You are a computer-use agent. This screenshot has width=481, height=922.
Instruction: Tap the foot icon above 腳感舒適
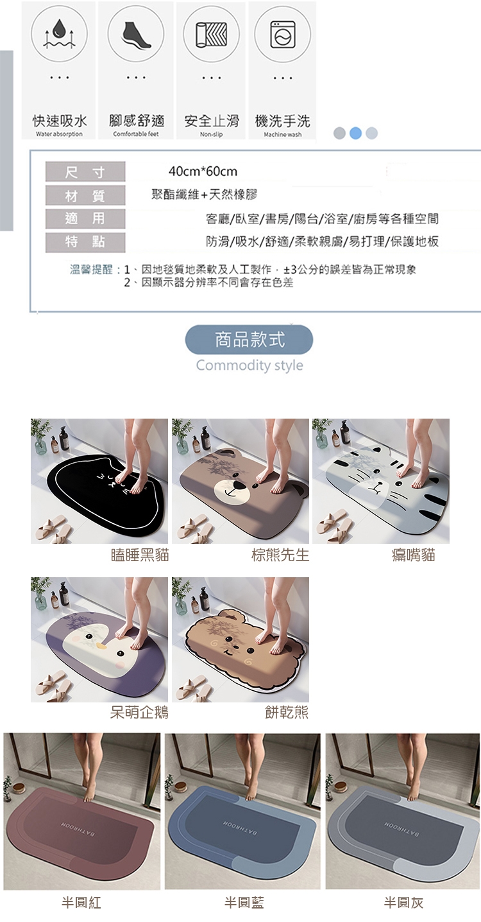[x=137, y=34]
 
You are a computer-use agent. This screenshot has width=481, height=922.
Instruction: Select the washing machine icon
[x=282, y=35]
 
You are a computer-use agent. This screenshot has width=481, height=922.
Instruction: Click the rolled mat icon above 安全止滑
[x=211, y=35]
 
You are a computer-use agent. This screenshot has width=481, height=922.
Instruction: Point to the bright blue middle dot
[x=355, y=133]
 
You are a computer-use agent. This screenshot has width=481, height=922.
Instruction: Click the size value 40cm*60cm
[x=203, y=171]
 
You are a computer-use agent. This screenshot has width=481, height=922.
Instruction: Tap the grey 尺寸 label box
[x=85, y=171]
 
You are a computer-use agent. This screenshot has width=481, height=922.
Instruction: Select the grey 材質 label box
[x=85, y=195]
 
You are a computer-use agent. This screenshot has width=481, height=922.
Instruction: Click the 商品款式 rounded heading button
[x=249, y=340]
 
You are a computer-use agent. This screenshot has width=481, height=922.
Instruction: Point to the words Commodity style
[x=249, y=365]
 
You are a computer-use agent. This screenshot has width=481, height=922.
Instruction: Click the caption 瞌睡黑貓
[x=140, y=555]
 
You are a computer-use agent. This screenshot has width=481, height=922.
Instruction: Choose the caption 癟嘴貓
[x=413, y=555]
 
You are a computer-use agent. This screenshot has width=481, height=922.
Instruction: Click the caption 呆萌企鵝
[x=139, y=712]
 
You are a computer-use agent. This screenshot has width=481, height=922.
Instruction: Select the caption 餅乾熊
[x=287, y=712]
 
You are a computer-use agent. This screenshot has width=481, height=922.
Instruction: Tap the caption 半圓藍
[x=244, y=903]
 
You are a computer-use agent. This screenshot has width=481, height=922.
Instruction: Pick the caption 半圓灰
[x=403, y=903]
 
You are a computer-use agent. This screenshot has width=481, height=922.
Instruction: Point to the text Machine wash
[x=282, y=135]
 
